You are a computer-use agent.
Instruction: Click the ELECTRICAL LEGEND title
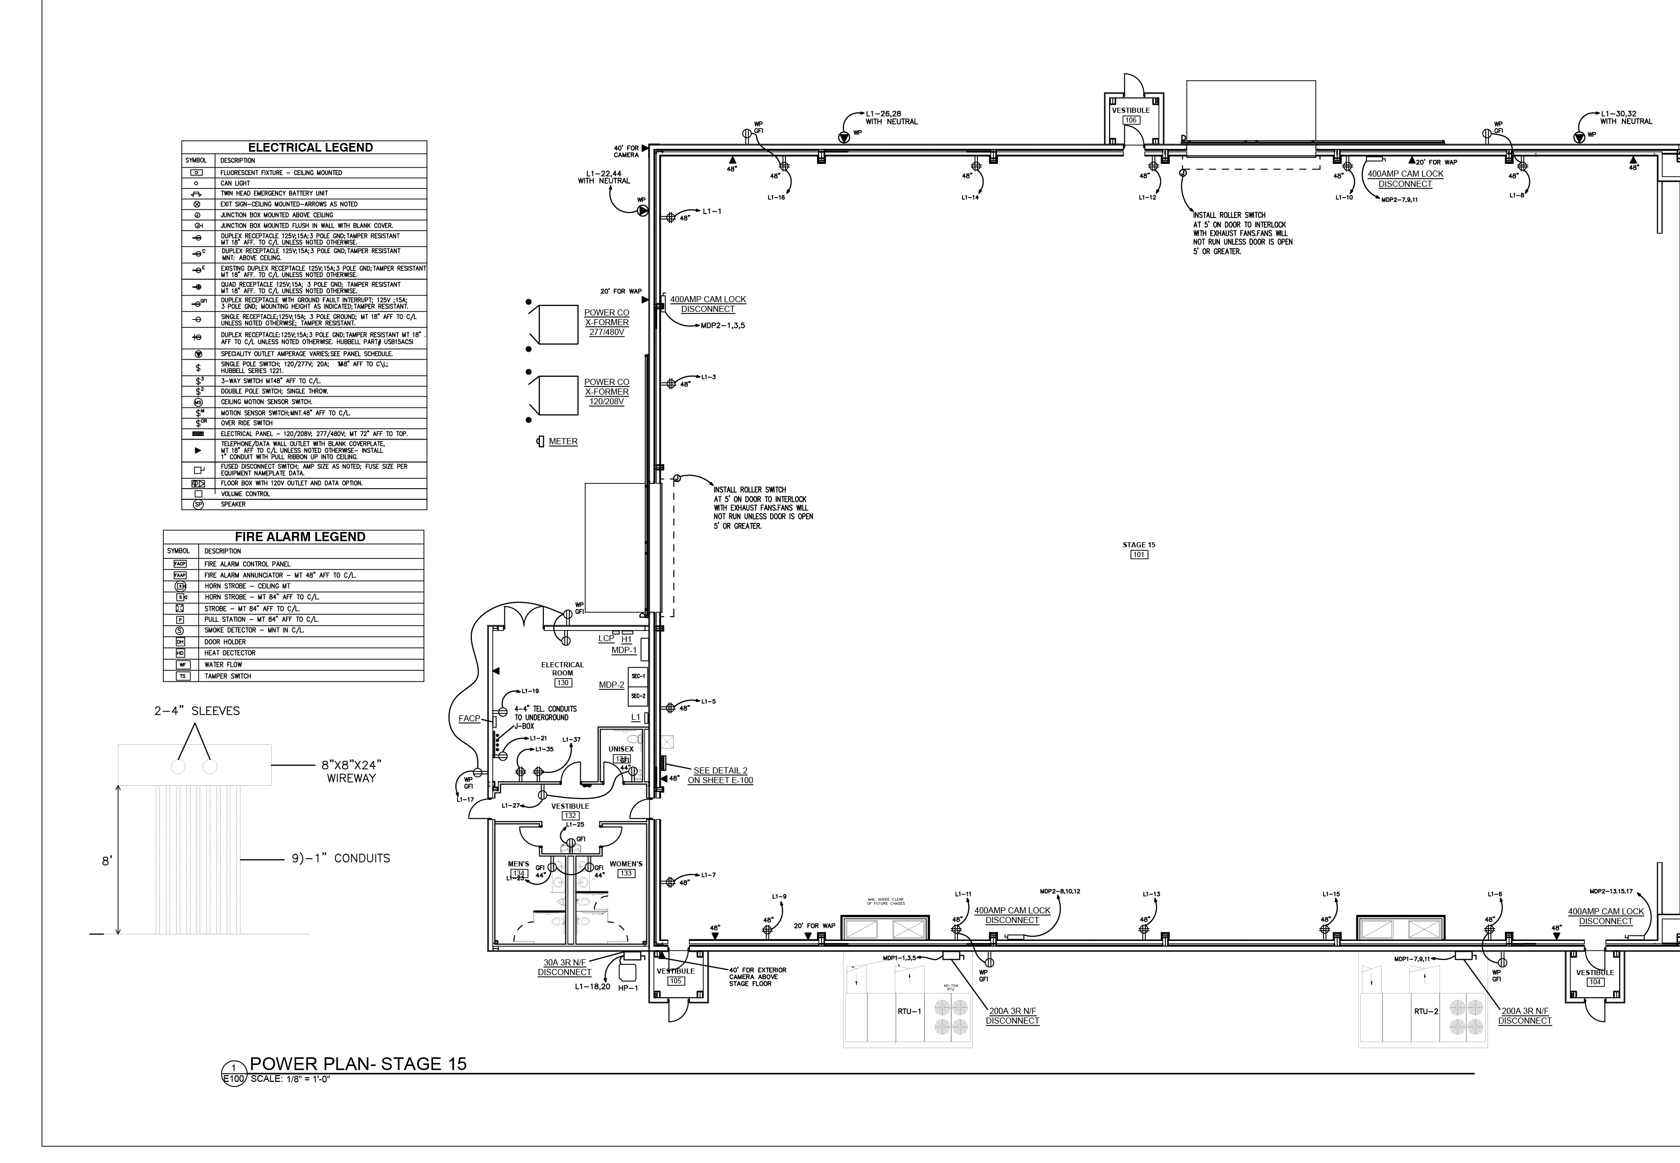click(310, 147)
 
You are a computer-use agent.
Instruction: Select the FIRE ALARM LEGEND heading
click(300, 537)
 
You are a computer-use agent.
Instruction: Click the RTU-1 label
click(909, 1011)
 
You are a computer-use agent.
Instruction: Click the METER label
click(563, 442)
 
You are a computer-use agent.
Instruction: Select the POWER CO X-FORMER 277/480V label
click(607, 322)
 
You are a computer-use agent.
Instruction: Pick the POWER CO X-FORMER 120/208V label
click(607, 392)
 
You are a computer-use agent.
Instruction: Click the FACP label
click(469, 718)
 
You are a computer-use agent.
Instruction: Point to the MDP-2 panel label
click(612, 685)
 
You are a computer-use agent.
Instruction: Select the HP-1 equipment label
click(628, 988)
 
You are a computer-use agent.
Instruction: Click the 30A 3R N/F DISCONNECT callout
click(564, 967)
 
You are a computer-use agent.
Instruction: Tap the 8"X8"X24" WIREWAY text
click(351, 771)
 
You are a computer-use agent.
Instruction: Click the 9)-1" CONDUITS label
click(341, 858)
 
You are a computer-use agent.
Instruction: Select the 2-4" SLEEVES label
click(197, 711)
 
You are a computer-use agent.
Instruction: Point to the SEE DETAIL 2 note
click(720, 776)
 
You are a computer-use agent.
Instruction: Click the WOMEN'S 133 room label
click(626, 868)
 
